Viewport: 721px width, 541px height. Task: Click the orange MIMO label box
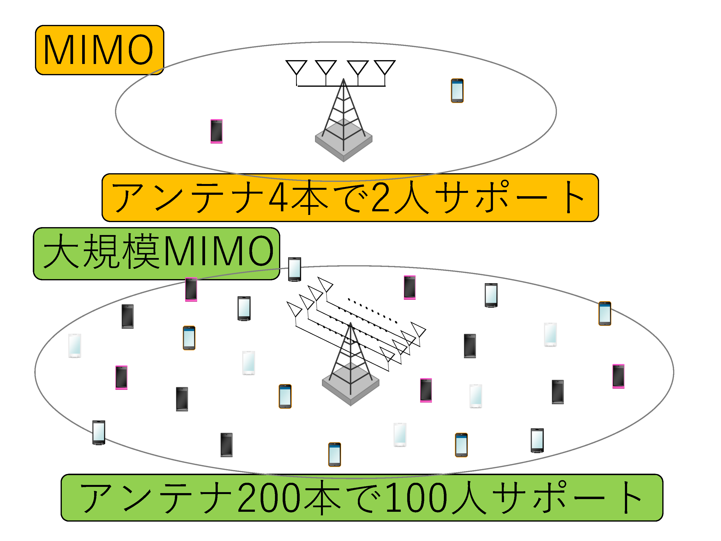click(x=99, y=50)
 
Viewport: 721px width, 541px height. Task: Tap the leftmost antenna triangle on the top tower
click(x=296, y=67)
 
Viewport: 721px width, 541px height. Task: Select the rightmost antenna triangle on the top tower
click(x=385, y=67)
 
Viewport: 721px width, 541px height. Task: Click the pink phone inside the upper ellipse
click(x=217, y=131)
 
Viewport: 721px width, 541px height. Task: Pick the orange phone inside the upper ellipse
click(x=457, y=91)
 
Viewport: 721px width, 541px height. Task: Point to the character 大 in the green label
click(x=61, y=251)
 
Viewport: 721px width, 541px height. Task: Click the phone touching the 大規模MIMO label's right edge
click(x=295, y=269)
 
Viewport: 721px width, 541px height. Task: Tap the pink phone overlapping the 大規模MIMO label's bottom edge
click(x=191, y=289)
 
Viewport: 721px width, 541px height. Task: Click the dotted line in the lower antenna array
click(x=372, y=311)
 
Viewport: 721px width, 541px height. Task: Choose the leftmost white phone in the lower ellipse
click(x=75, y=346)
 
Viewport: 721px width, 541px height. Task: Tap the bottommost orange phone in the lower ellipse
click(x=334, y=455)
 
